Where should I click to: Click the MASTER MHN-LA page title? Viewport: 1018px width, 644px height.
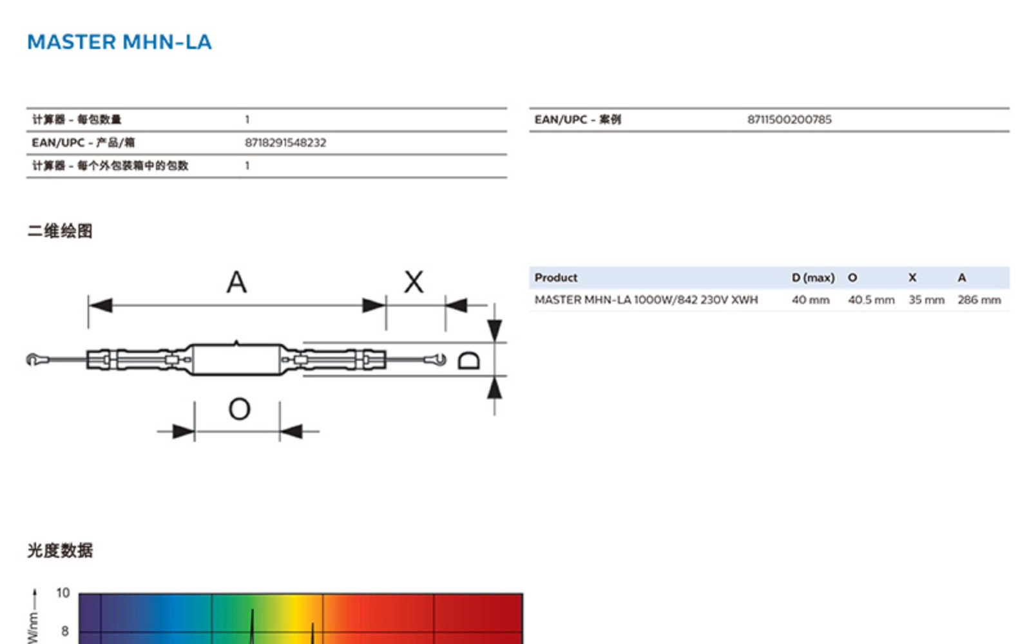pos(120,42)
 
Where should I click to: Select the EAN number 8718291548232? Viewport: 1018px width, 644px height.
pos(285,142)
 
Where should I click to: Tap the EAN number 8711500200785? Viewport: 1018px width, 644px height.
pos(789,119)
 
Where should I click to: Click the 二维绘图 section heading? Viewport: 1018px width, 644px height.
pos(60,231)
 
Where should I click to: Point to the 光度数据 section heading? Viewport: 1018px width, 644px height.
pos(60,550)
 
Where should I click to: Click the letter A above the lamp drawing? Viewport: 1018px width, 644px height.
pos(236,282)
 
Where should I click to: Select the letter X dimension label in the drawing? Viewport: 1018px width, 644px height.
pos(414,282)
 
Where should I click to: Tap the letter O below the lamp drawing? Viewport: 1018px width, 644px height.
pos(240,409)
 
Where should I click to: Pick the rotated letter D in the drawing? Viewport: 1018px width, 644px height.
pos(468,361)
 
